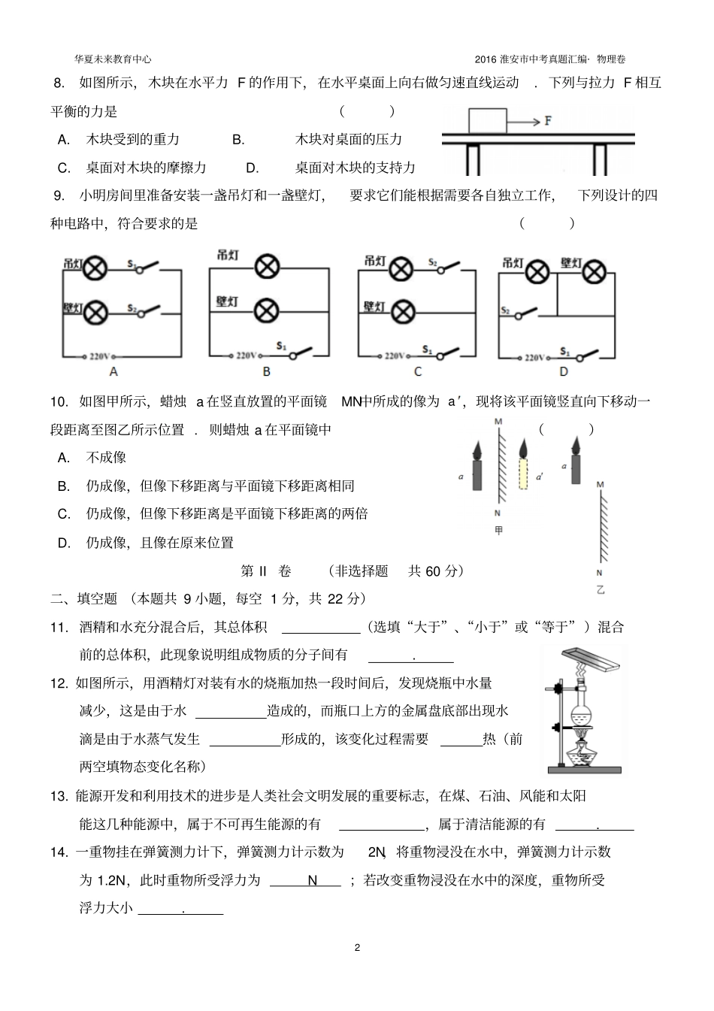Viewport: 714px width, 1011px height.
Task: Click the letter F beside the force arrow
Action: point(549,120)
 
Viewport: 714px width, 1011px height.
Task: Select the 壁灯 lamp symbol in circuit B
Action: point(267,309)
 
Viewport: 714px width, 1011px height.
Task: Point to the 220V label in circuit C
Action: point(396,356)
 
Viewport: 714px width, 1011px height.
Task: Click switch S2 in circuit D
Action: point(523,311)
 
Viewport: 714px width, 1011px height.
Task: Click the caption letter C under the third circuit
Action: point(418,371)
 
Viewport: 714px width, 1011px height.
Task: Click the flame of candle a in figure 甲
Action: point(477,450)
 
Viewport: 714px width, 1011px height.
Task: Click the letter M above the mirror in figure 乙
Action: point(600,485)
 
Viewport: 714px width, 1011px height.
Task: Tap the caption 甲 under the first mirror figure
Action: point(499,531)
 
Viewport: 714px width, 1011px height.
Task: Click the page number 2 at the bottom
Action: point(357,947)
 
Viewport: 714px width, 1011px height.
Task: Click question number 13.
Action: point(59,796)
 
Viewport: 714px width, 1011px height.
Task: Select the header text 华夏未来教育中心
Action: point(113,59)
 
